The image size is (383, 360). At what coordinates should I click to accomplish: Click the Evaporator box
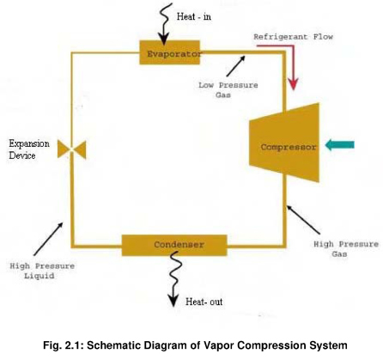pyautogui.click(x=169, y=52)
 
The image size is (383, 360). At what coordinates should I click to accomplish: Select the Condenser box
pyautogui.click(x=174, y=245)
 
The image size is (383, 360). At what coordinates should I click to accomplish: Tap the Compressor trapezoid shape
pyautogui.click(x=284, y=143)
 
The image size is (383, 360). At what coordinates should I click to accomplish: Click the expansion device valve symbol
pyautogui.click(x=71, y=149)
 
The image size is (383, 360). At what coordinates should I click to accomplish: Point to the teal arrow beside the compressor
pyautogui.click(x=340, y=144)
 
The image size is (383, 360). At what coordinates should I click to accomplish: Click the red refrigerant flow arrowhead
pyautogui.click(x=293, y=84)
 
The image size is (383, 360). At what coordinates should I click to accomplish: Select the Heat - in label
pyautogui.click(x=194, y=16)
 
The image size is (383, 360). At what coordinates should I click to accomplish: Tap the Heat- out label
pyautogui.click(x=204, y=302)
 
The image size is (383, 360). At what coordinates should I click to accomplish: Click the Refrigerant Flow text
pyautogui.click(x=293, y=37)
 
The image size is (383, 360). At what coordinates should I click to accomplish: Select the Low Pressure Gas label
pyautogui.click(x=228, y=90)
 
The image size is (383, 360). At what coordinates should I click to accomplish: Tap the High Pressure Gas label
pyautogui.click(x=346, y=249)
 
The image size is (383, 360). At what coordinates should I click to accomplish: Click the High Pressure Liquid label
pyautogui.click(x=42, y=271)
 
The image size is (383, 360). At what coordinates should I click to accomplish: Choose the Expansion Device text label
pyautogui.click(x=29, y=149)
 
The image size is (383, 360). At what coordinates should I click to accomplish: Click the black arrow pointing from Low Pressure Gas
pyautogui.click(x=235, y=66)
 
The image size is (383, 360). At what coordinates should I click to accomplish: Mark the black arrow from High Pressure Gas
pyautogui.click(x=303, y=219)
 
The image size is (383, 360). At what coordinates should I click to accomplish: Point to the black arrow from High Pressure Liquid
pyautogui.click(x=48, y=239)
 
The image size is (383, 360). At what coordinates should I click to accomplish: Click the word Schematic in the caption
pyautogui.click(x=115, y=345)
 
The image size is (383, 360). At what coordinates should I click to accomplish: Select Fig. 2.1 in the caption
pyautogui.click(x=64, y=345)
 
